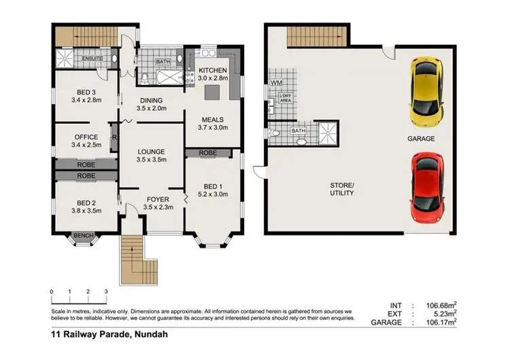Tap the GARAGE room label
(421, 138)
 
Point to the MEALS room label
(213, 120)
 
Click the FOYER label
(157, 199)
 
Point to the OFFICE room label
(86, 137)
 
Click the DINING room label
(150, 101)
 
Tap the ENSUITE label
(92, 59)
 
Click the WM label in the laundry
(275, 83)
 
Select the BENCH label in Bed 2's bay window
(82, 235)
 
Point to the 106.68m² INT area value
(441, 306)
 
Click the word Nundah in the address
(150, 335)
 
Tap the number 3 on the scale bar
(106, 291)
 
